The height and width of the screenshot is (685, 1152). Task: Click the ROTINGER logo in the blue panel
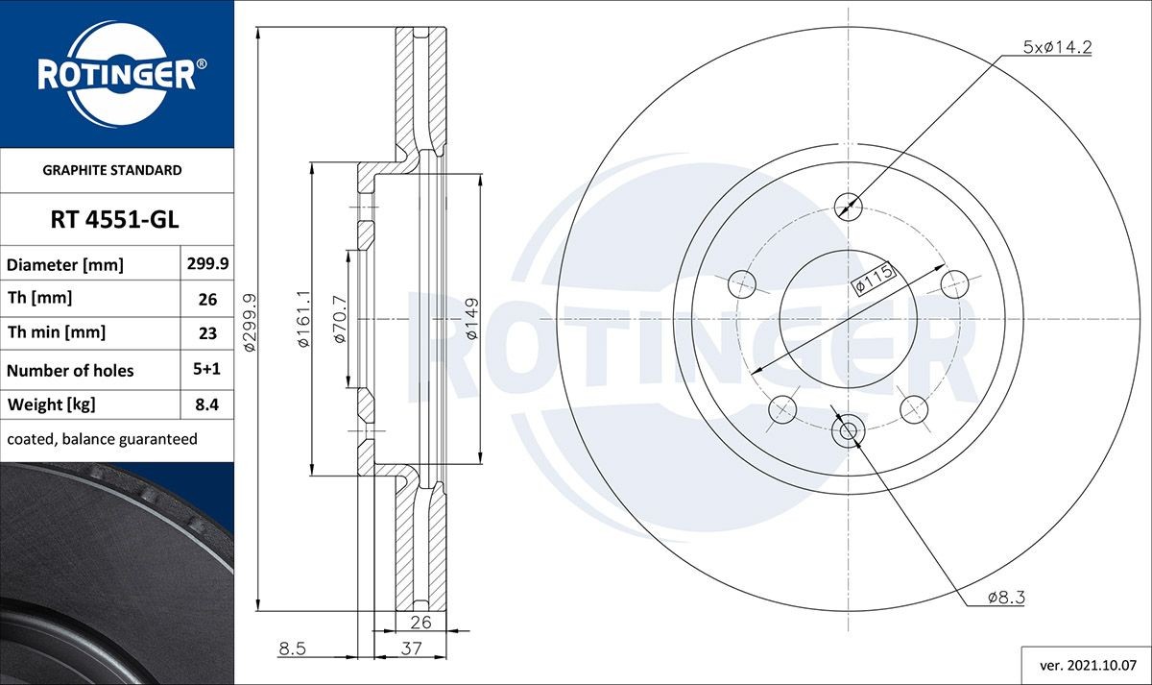click(x=116, y=75)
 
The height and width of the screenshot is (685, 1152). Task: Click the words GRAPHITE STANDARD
click(x=112, y=170)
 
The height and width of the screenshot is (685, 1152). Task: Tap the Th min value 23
click(x=206, y=333)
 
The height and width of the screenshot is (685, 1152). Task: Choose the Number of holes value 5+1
click(x=206, y=369)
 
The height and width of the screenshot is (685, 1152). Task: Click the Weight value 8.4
click(x=206, y=404)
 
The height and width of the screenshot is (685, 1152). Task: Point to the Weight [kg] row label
click(x=52, y=404)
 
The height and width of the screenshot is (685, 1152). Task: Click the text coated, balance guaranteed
click(x=102, y=439)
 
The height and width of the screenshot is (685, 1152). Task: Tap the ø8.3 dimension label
click(x=1006, y=598)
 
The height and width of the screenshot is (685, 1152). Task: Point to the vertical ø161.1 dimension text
click(x=302, y=319)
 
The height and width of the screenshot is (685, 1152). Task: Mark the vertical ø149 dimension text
click(x=472, y=319)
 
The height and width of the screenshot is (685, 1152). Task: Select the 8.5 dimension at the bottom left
click(x=292, y=649)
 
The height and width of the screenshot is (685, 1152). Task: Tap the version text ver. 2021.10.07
click(x=1086, y=664)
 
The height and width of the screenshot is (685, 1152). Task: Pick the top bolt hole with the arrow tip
click(x=847, y=205)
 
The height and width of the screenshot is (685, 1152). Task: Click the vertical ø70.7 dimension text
click(x=338, y=319)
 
